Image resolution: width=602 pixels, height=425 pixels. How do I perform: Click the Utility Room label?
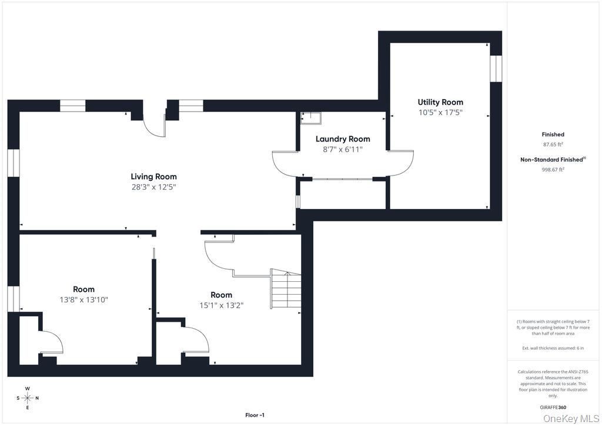click(x=440, y=102)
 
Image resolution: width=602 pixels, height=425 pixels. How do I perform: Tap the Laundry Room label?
click(x=343, y=139)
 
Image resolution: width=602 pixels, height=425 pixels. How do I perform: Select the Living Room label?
click(x=153, y=177)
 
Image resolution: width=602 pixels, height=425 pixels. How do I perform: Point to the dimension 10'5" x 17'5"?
click(x=440, y=113)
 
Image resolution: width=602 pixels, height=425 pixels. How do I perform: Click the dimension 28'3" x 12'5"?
click(x=153, y=187)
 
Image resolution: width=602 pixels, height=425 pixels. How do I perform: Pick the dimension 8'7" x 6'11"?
click(x=343, y=150)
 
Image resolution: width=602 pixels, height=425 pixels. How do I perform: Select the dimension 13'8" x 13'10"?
click(x=83, y=300)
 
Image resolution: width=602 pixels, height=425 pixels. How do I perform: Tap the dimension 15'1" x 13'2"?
click(x=222, y=305)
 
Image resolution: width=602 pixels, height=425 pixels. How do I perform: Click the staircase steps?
click(x=286, y=289)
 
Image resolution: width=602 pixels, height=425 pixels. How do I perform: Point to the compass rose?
click(x=28, y=398)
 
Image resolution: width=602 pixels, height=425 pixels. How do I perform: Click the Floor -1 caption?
click(x=255, y=415)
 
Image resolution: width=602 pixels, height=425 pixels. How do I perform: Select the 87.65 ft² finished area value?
click(x=553, y=144)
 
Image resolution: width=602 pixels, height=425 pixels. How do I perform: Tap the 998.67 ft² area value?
click(x=553, y=170)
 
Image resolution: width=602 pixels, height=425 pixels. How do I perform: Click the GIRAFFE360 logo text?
click(x=553, y=407)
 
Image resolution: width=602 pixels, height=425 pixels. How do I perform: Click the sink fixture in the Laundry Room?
click(x=311, y=118)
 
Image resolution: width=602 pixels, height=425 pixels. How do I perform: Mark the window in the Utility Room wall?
click(x=496, y=69)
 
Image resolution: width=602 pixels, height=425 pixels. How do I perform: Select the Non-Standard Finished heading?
click(x=553, y=160)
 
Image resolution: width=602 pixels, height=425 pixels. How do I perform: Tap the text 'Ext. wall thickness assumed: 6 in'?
click(x=553, y=348)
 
